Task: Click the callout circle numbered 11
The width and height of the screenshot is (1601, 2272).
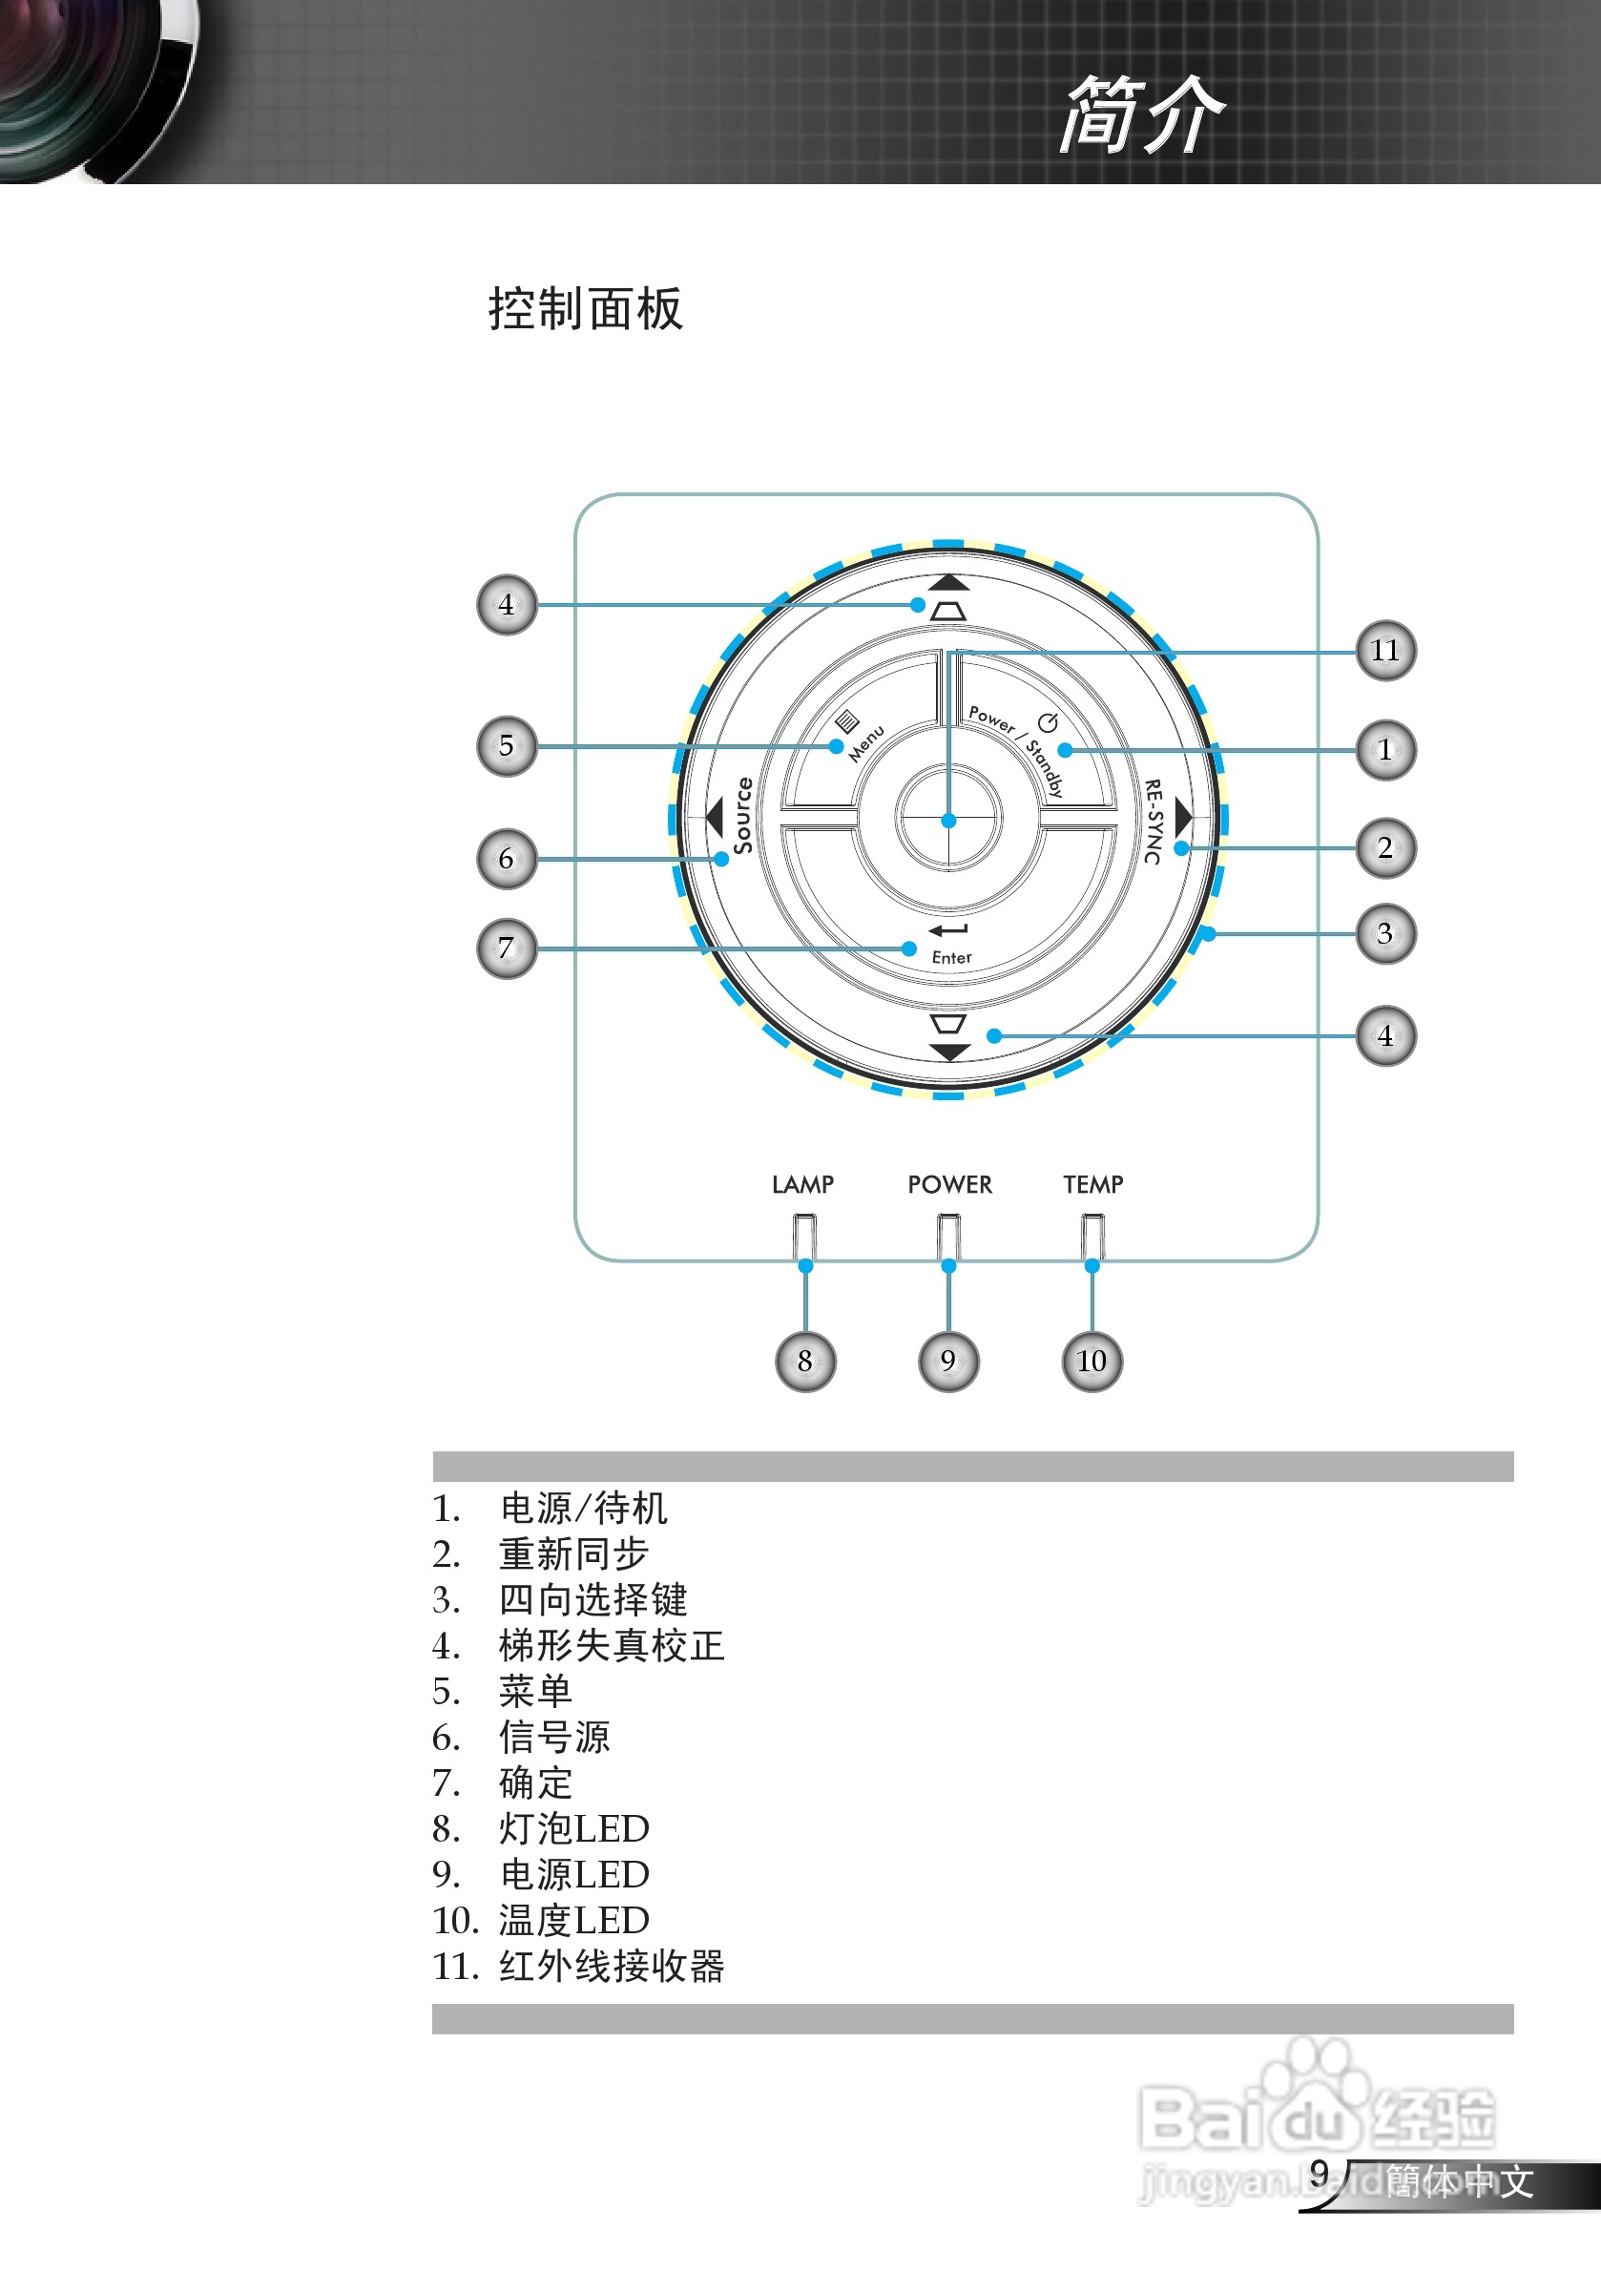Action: point(1384,650)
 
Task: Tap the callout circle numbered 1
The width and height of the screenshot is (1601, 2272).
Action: point(1384,750)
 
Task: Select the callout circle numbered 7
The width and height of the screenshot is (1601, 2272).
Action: point(507,948)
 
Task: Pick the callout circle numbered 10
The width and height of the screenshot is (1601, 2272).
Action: point(1092,1362)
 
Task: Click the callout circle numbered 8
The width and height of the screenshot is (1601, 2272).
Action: point(804,1362)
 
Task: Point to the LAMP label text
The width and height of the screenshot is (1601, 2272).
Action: point(802,1184)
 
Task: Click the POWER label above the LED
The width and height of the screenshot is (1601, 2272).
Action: point(949,1184)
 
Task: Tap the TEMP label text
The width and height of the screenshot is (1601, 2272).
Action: point(1092,1184)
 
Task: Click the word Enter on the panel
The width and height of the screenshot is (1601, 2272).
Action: point(951,957)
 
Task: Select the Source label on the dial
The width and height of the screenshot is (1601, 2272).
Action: point(742,816)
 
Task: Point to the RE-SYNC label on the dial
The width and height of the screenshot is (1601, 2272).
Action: point(1153,821)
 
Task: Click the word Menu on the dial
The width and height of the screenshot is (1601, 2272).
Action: point(865,743)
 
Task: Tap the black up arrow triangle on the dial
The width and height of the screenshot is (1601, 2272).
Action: point(949,582)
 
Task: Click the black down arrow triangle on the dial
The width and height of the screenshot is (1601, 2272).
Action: point(949,1052)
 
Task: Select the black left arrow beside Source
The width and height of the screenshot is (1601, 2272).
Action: point(715,817)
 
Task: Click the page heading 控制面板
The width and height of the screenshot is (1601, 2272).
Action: point(585,309)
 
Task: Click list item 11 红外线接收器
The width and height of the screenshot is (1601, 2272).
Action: point(579,1966)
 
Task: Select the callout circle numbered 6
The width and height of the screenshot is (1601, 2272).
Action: point(507,858)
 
